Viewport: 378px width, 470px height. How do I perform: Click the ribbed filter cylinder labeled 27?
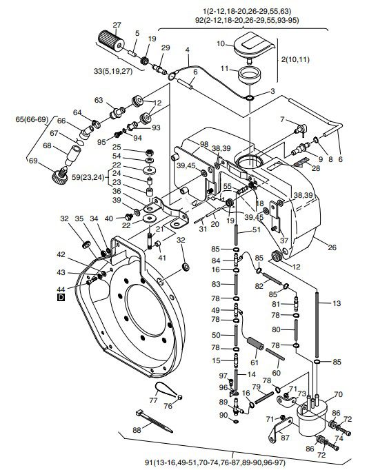pyautogui.click(x=111, y=42)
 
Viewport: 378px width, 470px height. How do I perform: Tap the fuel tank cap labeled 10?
pyautogui.click(x=254, y=45)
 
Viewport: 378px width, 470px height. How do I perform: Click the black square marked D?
pyautogui.click(x=61, y=297)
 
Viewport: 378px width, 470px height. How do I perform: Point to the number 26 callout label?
pyautogui.click(x=332, y=247)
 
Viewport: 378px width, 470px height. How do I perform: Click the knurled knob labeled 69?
pyautogui.click(x=59, y=175)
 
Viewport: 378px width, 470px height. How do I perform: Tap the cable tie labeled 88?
pyautogui.click(x=155, y=421)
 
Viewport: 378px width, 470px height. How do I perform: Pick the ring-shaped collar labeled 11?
pyautogui.click(x=249, y=75)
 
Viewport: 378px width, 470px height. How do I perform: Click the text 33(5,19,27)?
pyautogui.click(x=113, y=72)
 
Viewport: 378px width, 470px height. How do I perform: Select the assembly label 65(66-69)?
pyautogui.click(x=32, y=120)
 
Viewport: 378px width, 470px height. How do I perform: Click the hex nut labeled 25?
pyautogui.click(x=150, y=152)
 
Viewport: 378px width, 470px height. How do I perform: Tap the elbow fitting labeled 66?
pyautogui.click(x=88, y=132)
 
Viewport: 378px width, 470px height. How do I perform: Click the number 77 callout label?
pyautogui.click(x=153, y=400)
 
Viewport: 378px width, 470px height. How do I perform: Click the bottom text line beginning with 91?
pyautogui.click(x=215, y=462)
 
